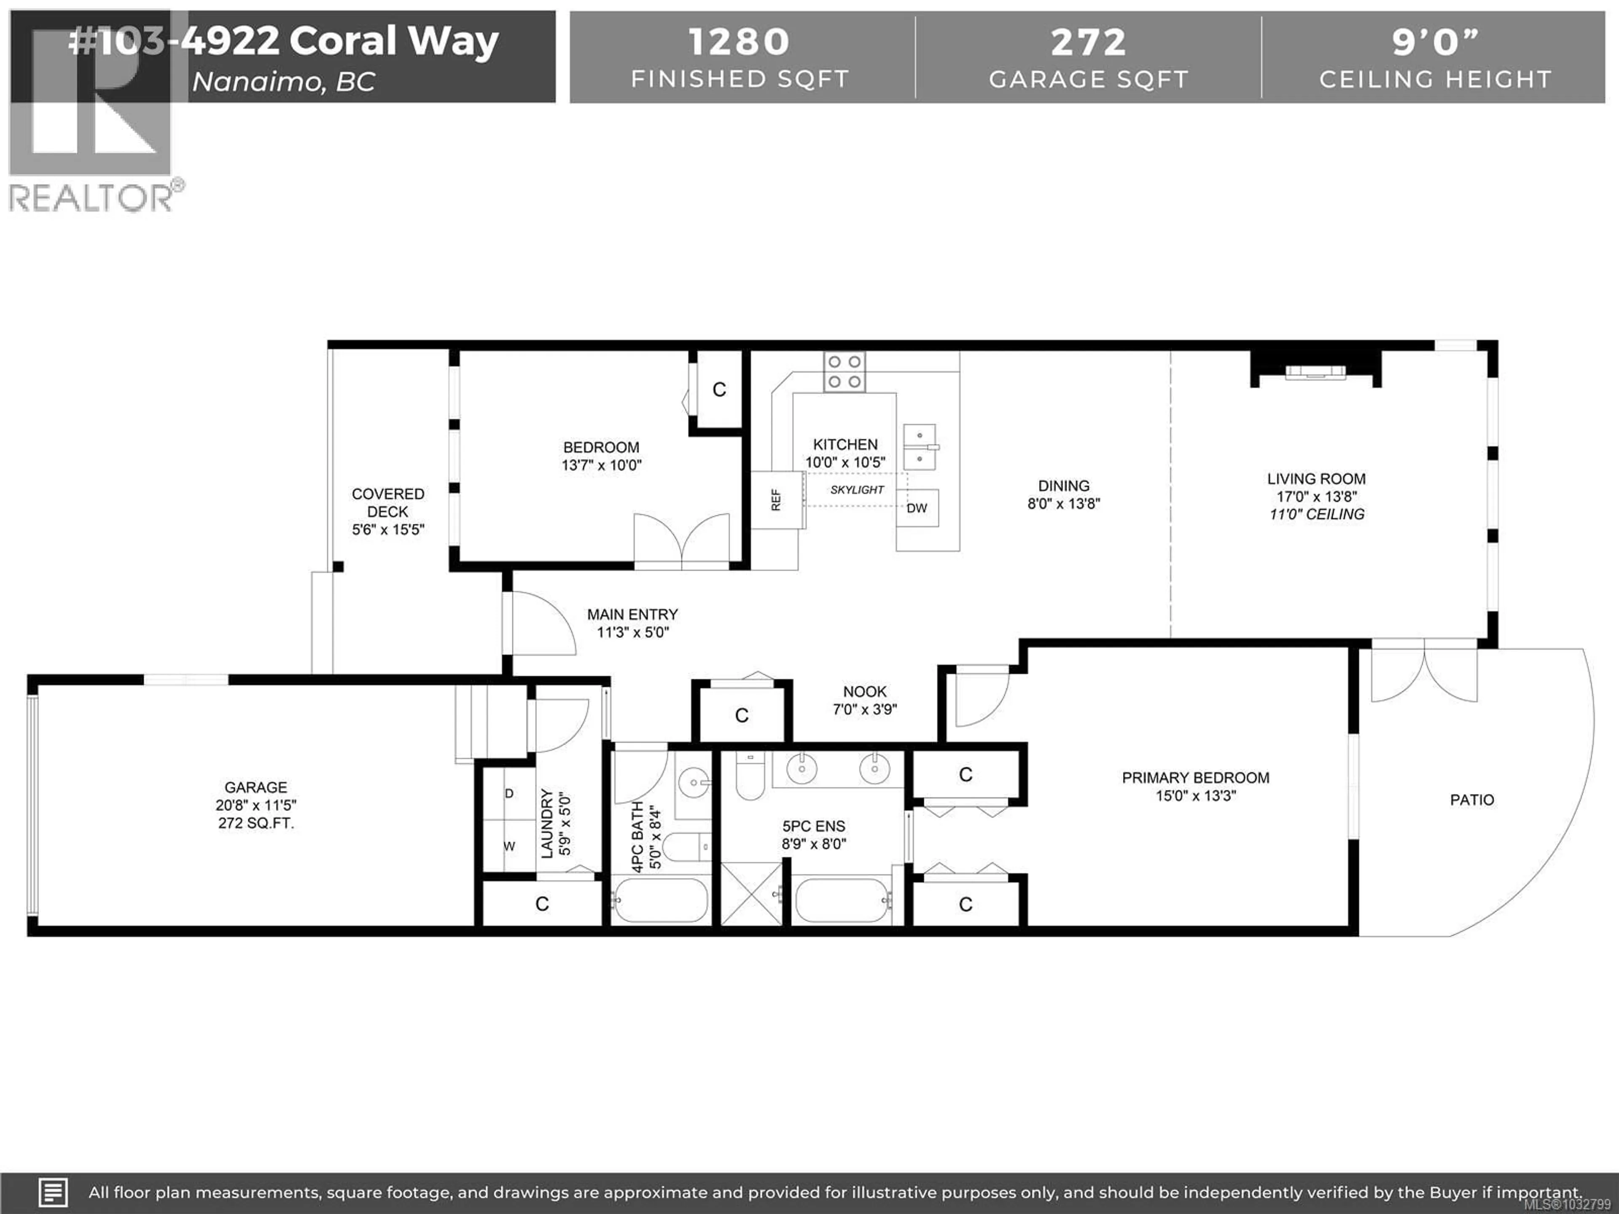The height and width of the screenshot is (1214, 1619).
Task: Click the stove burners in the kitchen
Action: point(844,372)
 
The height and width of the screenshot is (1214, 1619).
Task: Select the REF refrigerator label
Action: point(776,500)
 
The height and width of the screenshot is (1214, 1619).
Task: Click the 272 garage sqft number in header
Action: point(1088,43)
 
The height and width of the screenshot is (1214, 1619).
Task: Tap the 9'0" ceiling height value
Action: point(1435,43)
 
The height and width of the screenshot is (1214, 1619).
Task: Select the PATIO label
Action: point(1472,800)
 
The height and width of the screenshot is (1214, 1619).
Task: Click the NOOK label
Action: point(864,692)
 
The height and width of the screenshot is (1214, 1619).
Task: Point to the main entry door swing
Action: point(542,622)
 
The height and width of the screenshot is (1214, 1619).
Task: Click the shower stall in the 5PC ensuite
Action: point(752,894)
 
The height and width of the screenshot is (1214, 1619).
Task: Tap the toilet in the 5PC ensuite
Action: point(750,776)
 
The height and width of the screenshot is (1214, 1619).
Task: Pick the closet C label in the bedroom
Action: point(719,390)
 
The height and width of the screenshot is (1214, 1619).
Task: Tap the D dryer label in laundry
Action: point(509,793)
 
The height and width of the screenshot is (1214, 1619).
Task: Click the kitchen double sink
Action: point(919,446)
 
